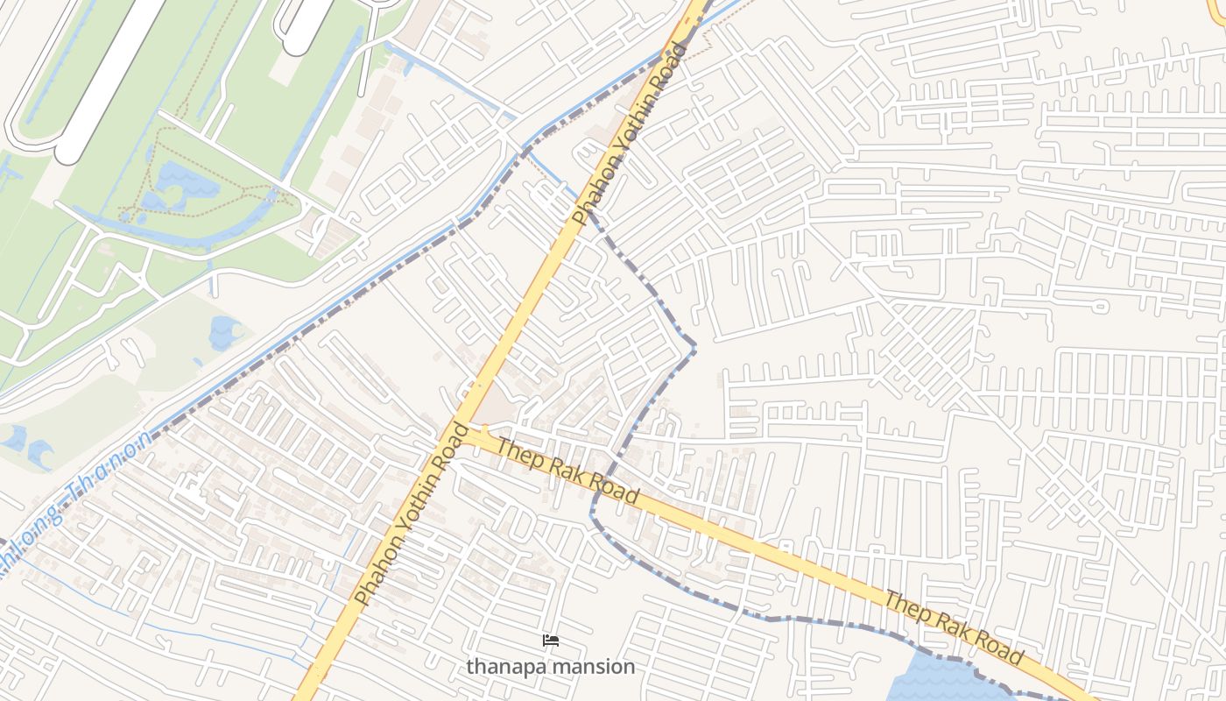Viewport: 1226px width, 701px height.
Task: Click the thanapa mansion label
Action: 550,667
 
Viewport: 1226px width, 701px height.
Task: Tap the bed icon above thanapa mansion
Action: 551,641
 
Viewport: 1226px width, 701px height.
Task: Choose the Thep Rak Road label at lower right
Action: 954,628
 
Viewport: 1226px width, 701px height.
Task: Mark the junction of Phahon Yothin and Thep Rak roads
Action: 462,429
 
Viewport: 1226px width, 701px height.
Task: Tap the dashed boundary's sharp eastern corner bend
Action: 695,348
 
